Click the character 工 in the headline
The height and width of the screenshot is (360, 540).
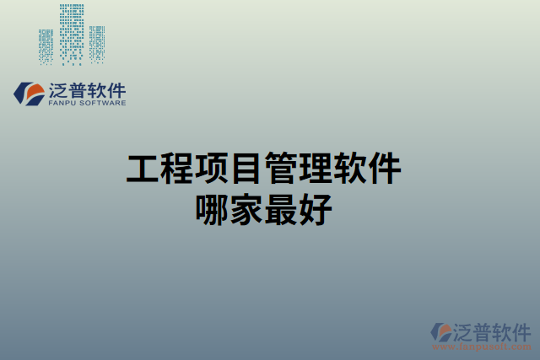(143, 169)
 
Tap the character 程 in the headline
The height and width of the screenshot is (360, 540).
(178, 169)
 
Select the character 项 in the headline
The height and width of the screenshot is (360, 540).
(213, 169)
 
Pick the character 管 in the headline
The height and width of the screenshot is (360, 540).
(281, 169)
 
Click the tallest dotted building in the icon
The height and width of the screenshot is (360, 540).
(73, 34)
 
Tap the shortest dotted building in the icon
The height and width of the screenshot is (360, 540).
(98, 44)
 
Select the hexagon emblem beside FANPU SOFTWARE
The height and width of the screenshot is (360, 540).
(27, 94)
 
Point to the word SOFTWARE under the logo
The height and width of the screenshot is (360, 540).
(103, 104)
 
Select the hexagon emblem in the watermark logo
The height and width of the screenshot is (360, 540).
(441, 331)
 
